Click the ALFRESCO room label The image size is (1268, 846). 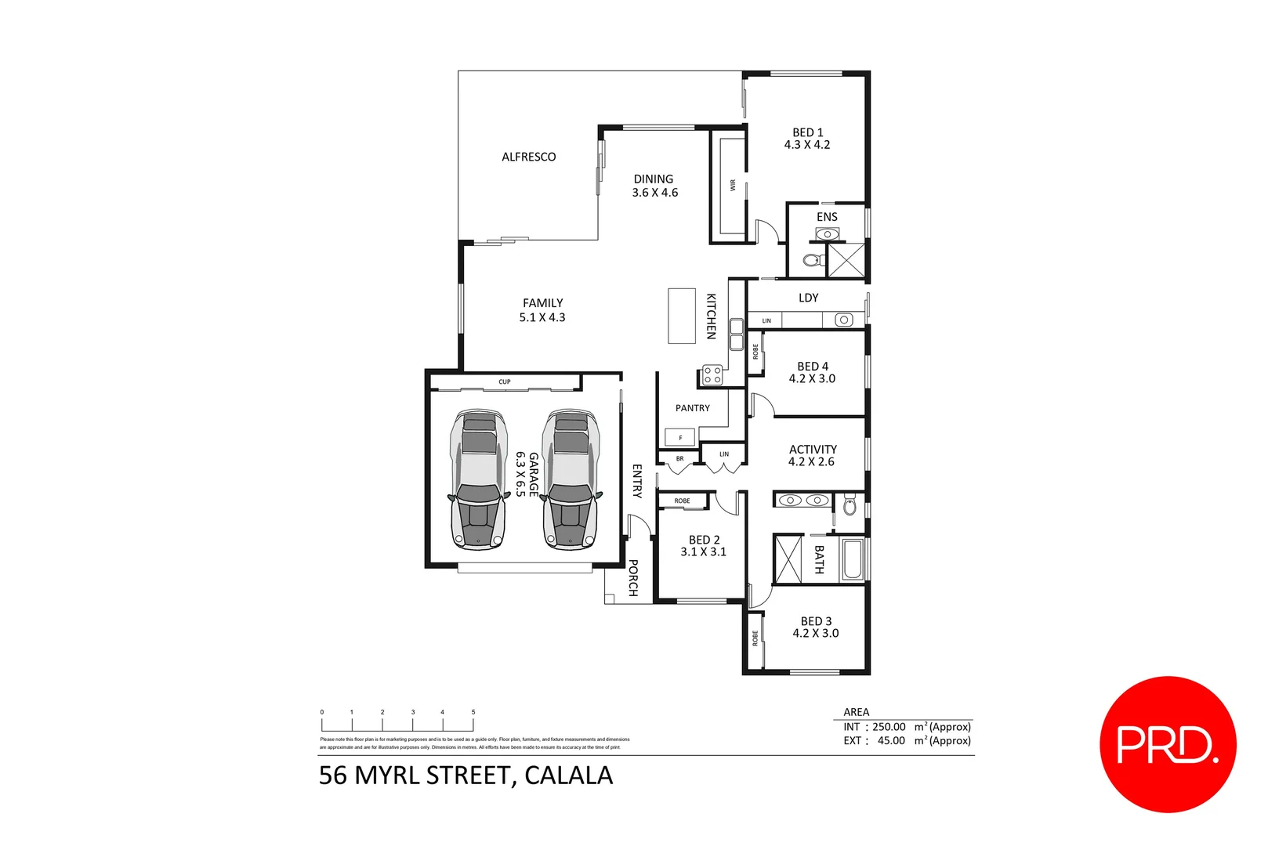click(x=528, y=157)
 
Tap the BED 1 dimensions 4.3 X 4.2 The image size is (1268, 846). click(x=806, y=145)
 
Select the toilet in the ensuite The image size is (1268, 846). click(x=812, y=260)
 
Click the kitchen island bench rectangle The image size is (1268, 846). click(x=681, y=316)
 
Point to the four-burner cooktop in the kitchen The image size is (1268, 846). click(x=712, y=375)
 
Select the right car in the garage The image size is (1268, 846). click(x=570, y=479)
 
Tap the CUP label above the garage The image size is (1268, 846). click(x=504, y=382)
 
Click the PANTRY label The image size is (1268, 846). click(x=692, y=408)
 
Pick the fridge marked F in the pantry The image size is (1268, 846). click(x=679, y=437)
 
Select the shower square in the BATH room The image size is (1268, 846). click(x=788, y=559)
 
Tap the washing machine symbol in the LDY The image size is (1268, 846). click(x=843, y=320)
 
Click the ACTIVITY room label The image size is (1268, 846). click(x=812, y=450)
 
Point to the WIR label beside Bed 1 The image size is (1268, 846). click(x=733, y=186)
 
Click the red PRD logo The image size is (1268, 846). click(x=1167, y=744)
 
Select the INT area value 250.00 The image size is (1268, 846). click(x=889, y=727)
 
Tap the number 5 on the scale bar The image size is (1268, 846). click(x=473, y=712)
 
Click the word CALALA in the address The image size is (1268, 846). click(x=568, y=775)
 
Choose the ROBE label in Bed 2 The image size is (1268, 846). click(x=682, y=501)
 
